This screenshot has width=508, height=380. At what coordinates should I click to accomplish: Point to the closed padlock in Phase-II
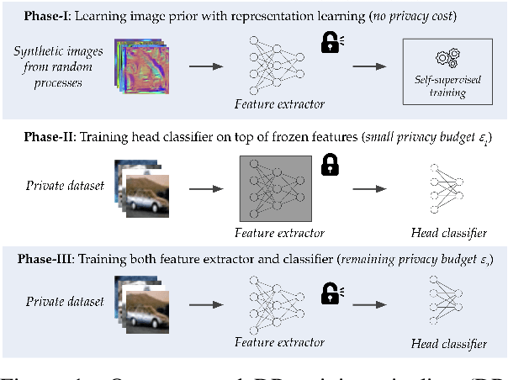(x=330, y=165)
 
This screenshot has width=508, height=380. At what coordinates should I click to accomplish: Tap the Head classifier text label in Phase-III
(x=448, y=344)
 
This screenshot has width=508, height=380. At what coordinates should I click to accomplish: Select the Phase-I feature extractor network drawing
(x=276, y=64)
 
